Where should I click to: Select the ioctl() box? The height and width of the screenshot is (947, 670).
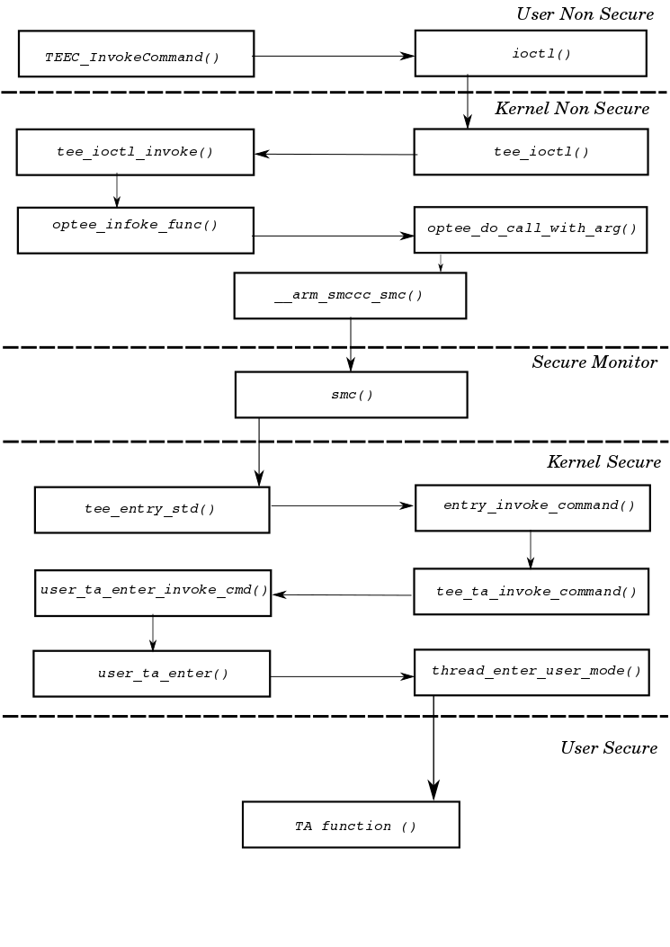click(530, 53)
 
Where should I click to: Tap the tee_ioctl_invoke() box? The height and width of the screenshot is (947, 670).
click(135, 152)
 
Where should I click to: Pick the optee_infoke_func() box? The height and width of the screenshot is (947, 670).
click(135, 230)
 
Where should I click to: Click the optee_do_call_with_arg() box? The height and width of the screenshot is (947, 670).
click(530, 229)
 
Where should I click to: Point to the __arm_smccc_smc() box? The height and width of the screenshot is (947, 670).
click(350, 295)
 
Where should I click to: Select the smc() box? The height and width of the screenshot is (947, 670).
click(351, 395)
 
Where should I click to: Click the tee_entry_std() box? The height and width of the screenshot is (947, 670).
click(151, 510)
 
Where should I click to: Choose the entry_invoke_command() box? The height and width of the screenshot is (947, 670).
click(531, 508)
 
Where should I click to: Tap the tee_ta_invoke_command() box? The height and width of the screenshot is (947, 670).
click(531, 592)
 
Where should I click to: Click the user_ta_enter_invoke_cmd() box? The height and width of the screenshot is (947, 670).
click(153, 593)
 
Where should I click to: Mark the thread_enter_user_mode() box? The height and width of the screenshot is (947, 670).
click(531, 672)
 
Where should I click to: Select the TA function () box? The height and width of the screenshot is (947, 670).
click(351, 825)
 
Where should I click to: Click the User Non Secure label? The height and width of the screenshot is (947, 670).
click(585, 14)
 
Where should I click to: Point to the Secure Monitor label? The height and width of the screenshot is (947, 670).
click(594, 362)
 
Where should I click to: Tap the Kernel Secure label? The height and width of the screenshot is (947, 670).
click(603, 462)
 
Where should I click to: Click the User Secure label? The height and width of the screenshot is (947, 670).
click(608, 748)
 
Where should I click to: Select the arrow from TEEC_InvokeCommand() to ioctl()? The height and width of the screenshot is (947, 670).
click(333, 56)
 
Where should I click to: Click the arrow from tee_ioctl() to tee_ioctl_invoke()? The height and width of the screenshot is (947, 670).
click(335, 154)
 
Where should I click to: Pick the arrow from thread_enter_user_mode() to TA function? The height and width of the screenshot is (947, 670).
click(433, 746)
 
